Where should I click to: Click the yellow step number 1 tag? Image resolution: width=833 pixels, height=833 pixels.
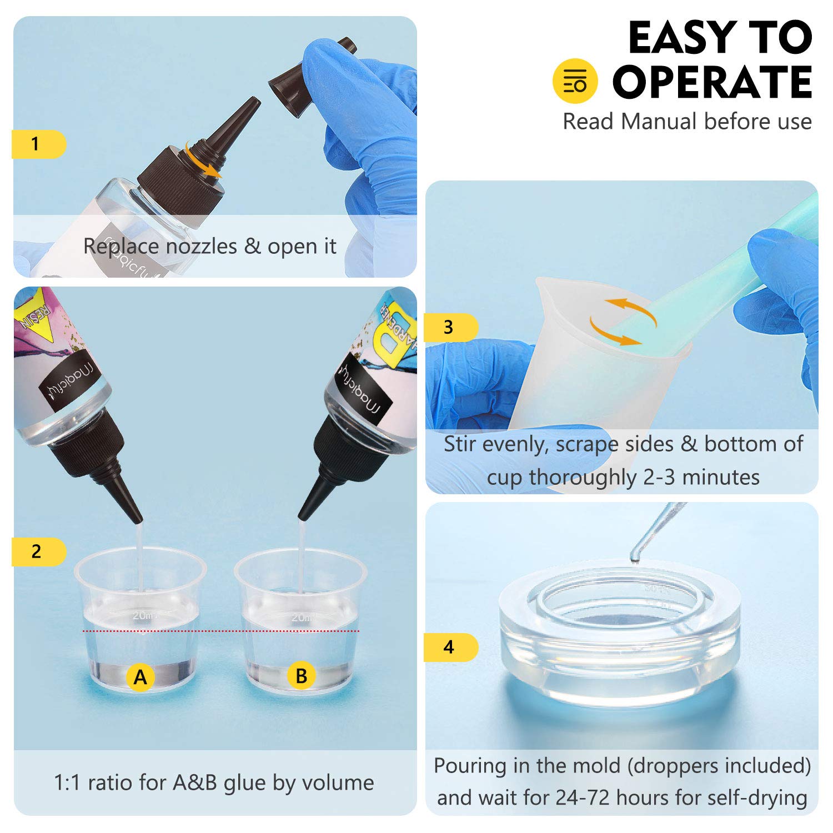[x=38, y=144]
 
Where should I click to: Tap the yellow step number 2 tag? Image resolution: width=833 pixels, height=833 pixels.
[x=38, y=551]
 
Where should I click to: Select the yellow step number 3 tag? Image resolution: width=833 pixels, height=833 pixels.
[x=450, y=327]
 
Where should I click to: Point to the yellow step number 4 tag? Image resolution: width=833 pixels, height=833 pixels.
[x=450, y=647]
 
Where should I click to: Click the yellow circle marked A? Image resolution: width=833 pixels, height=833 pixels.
[x=140, y=677]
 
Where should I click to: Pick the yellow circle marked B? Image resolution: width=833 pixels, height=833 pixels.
[x=301, y=676]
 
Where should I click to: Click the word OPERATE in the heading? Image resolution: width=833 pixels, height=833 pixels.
[x=712, y=82]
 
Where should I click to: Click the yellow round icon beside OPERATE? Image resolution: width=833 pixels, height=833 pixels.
[x=575, y=81]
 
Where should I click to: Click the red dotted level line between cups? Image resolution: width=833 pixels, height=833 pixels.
[x=222, y=631]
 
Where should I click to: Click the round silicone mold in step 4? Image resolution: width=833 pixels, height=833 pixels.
[x=619, y=633]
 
